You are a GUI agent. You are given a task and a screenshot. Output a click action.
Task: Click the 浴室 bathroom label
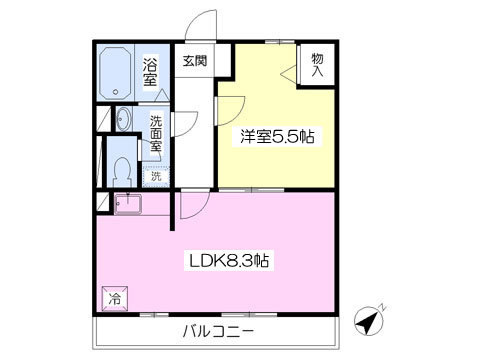(150, 72)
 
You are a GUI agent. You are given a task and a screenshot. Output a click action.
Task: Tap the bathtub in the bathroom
(115, 73)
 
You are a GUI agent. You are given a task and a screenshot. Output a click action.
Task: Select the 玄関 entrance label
(195, 61)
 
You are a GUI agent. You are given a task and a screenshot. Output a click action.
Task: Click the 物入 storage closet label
(317, 65)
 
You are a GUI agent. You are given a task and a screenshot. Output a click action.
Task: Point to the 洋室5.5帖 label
(277, 136)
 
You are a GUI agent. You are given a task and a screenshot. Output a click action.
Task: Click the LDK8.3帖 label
(229, 260)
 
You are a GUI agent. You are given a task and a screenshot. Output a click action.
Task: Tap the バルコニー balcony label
(219, 331)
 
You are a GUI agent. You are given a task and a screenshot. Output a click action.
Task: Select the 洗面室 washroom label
(155, 133)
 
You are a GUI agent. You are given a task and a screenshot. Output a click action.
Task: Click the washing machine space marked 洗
(156, 176)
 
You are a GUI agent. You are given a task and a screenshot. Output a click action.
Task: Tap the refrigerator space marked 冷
(115, 298)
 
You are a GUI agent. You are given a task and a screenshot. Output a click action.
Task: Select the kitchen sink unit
(128, 203)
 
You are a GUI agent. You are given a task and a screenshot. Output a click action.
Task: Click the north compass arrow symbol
(368, 319)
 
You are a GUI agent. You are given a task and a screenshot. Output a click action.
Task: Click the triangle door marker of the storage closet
(289, 74)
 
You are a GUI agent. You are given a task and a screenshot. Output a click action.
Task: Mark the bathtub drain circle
(115, 92)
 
